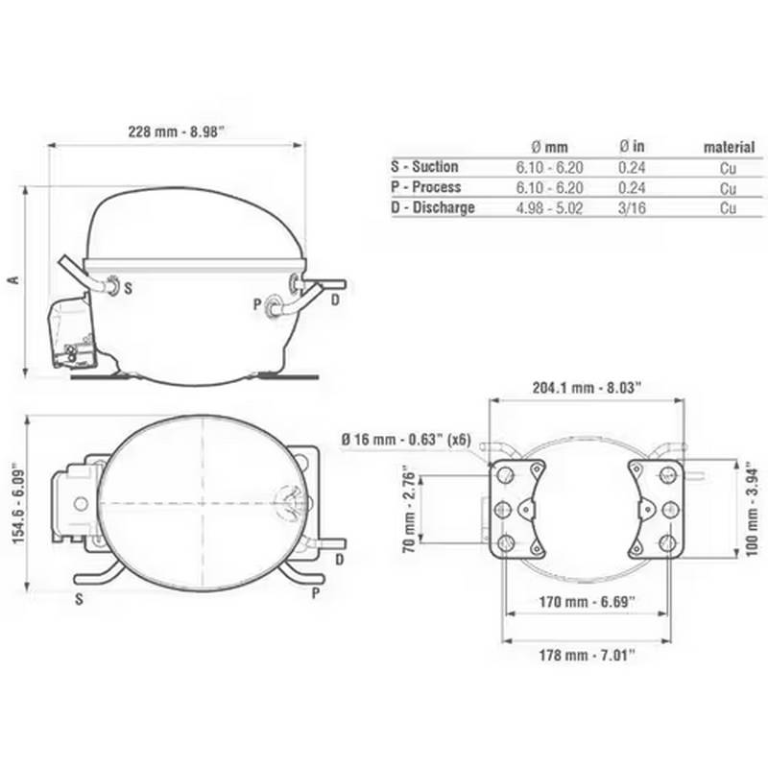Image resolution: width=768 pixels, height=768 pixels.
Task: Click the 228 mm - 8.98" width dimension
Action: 177,132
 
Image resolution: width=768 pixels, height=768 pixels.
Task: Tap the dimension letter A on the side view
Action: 13,279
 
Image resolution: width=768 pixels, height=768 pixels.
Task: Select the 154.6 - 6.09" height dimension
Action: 16,503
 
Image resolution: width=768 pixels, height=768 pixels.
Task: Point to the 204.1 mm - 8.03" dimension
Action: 587,388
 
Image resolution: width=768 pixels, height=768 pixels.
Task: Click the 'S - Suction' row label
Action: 425,167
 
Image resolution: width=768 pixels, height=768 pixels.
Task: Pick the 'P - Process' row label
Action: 426,187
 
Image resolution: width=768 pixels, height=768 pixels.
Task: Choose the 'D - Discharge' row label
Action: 433,207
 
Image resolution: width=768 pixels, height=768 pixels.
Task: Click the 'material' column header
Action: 729,147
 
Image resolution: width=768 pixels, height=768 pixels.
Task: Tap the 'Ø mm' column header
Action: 549,147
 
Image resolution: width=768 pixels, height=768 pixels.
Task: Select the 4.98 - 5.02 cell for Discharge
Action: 549,207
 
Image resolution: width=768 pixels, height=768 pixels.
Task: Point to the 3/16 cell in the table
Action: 633,207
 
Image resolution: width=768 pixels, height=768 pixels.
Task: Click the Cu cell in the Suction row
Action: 729,167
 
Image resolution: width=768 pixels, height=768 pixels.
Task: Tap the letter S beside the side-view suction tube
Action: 129,287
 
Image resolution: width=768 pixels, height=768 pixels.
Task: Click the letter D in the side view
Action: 335,301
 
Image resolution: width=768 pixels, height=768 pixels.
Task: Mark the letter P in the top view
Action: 315,595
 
